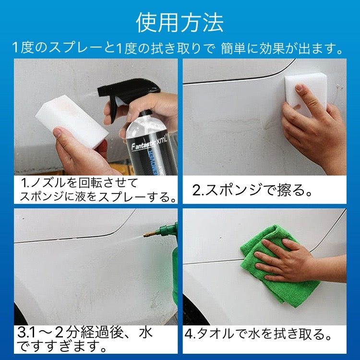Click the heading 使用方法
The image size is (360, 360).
point(180,22)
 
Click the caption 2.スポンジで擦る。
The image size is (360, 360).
point(252,191)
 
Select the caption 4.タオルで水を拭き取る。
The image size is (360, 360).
point(259,334)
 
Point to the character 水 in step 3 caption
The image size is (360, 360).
point(145,333)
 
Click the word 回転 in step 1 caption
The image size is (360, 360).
point(90,183)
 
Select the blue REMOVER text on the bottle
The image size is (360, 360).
point(154,161)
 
